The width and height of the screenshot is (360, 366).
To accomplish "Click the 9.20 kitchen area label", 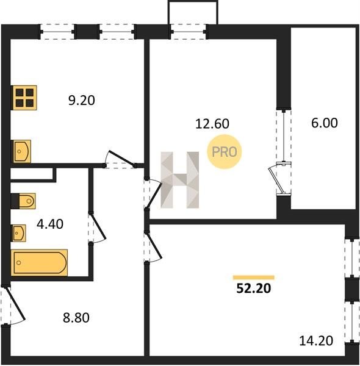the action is click(x=82, y=101).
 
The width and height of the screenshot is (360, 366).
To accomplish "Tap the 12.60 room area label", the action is click(x=212, y=124).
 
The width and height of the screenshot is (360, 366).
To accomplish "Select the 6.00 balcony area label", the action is click(x=324, y=123).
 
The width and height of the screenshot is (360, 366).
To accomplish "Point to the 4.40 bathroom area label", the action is click(x=50, y=224).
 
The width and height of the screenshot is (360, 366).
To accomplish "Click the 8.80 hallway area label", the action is click(x=76, y=318).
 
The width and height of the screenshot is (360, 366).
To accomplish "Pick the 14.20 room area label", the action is click(x=316, y=340).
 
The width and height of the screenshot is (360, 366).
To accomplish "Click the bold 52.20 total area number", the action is click(x=254, y=289).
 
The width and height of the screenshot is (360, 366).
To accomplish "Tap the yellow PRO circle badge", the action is click(x=225, y=152).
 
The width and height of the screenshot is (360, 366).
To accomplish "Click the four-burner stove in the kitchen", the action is click(x=24, y=98).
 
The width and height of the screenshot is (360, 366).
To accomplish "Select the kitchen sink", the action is click(x=21, y=151).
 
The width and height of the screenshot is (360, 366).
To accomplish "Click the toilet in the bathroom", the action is click(x=24, y=201).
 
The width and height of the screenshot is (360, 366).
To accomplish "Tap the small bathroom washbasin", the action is click(x=19, y=233).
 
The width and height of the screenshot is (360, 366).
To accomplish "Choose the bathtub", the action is click(x=39, y=262).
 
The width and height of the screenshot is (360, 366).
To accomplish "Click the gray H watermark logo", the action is click(x=180, y=180).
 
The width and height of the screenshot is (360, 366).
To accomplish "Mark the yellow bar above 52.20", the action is click(x=254, y=278).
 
